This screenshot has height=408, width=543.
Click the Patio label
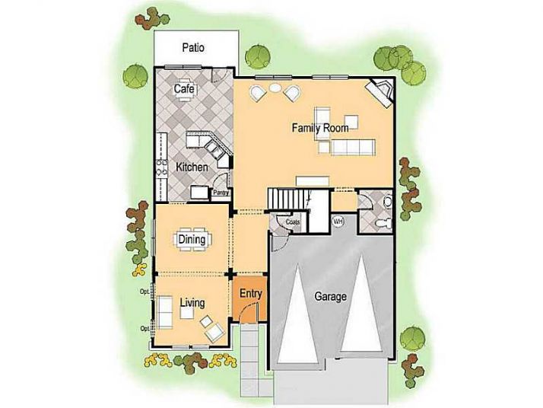[x=192, y=48]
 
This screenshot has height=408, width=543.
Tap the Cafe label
[x=183, y=90]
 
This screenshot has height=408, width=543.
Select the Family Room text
[x=320, y=128]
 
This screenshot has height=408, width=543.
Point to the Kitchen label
[x=192, y=166]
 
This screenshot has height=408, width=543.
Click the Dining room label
[x=192, y=241]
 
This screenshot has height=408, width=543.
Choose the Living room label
[x=192, y=304]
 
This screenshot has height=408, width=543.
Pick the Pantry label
[x=221, y=193]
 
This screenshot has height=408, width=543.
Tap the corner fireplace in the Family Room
[x=379, y=92]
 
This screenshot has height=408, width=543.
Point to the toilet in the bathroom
[x=386, y=202]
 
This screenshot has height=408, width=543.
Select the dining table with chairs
[x=192, y=241]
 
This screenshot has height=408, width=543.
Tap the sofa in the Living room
[x=164, y=312]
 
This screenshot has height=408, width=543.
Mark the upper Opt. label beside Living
[x=144, y=292]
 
